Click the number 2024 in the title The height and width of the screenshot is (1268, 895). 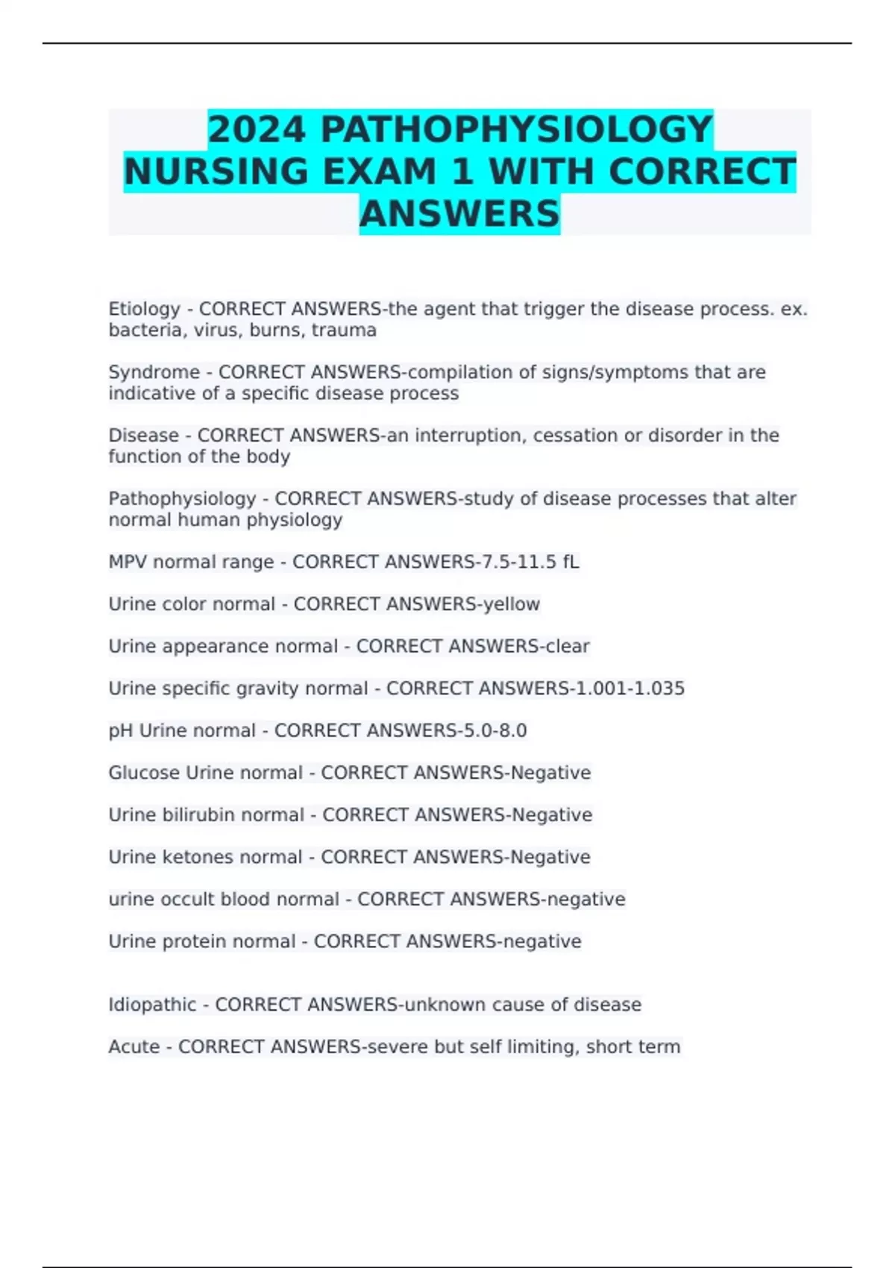tap(257, 130)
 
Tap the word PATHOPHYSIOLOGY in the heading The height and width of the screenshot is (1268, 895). tap(516, 130)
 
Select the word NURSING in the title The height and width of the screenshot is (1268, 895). tap(216, 172)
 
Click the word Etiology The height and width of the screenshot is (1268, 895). tap(145, 309)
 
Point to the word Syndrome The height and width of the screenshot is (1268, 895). tap(154, 372)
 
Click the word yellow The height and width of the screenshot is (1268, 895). tap(512, 604)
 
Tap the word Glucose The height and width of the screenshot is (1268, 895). tap(144, 773)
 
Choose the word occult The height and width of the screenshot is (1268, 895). tap(182, 900)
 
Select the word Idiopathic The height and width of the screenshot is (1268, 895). tap(152, 1005)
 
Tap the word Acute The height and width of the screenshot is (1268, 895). tap(134, 1047)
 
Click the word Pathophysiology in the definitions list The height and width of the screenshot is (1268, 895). tap(182, 498)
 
